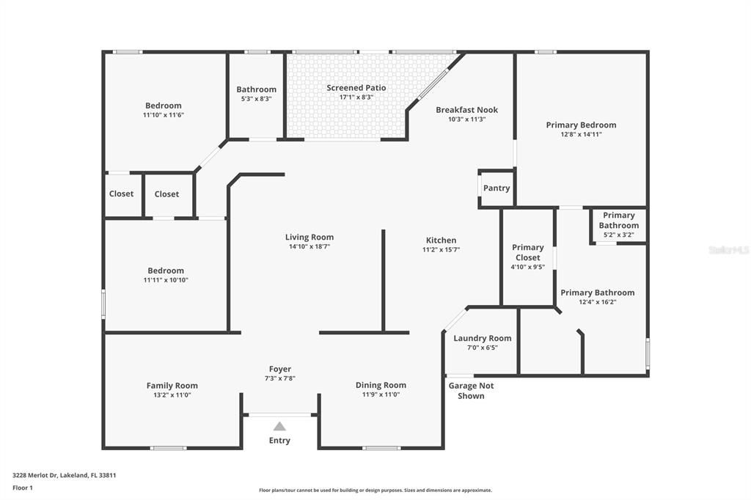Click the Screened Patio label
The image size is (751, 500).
point(356,88)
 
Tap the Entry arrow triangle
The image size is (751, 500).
point(279,426)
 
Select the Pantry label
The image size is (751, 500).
point(497,188)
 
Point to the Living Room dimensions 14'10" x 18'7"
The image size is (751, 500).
point(309,247)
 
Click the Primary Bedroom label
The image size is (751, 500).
point(581,125)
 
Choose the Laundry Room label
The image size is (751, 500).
point(482,338)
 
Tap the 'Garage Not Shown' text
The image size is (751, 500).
point(471,391)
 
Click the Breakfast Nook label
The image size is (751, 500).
point(466,110)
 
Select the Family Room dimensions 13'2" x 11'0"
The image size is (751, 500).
point(172,395)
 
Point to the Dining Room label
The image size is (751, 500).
point(381,385)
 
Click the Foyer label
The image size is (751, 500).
point(279,370)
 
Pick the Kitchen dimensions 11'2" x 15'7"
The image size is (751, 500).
point(441,250)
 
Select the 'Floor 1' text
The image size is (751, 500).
point(23,488)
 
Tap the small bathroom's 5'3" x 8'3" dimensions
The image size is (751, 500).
point(256,99)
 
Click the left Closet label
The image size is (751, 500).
point(122,194)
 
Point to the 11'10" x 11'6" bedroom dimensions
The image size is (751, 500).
point(163,115)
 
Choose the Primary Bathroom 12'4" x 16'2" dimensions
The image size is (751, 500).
point(597,302)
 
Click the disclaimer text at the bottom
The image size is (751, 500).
point(375,490)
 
